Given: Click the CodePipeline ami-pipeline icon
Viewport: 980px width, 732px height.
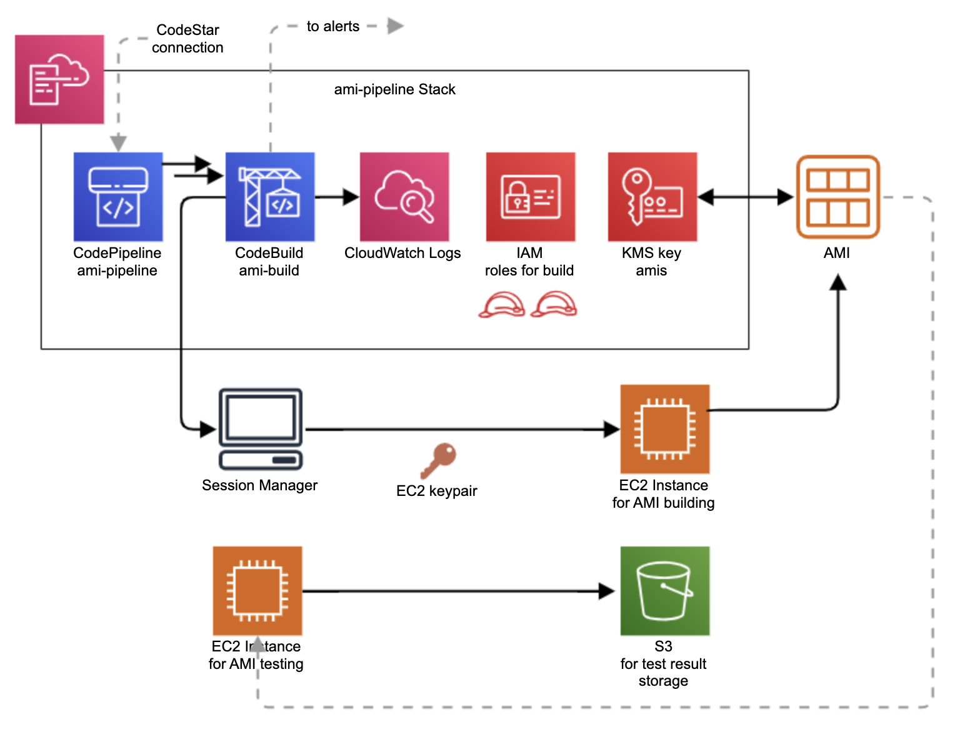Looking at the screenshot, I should coord(118,197).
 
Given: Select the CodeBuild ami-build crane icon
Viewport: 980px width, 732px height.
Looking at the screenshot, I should coord(270,197).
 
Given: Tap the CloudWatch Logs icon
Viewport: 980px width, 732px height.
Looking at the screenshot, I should coord(404,197).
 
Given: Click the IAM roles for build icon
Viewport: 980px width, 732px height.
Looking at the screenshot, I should coord(531,197).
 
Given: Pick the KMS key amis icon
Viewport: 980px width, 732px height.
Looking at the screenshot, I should coord(652,197).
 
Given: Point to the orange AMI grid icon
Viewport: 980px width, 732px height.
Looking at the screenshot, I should coord(837,197).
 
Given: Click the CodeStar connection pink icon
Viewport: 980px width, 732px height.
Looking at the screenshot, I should coord(59,79).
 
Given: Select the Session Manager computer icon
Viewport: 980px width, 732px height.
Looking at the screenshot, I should coord(261,429).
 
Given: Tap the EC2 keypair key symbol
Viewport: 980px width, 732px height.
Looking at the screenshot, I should coord(439,460).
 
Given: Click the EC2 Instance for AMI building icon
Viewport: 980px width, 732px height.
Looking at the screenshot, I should coord(665,429).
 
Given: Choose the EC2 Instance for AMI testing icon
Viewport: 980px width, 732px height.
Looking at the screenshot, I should coord(257,591).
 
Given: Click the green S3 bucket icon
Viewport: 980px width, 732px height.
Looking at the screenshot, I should coord(665,591).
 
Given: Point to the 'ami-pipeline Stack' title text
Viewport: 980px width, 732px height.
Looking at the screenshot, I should coord(394,89).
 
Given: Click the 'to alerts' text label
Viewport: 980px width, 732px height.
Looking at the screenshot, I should coord(332,26).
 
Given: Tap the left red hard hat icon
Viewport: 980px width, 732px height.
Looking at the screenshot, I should coord(501,305).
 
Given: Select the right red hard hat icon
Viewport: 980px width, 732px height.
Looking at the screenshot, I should coord(554,305).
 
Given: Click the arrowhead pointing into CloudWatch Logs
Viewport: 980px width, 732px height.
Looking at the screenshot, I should coord(351,197).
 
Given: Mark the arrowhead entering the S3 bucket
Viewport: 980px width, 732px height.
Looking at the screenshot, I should coord(607,591).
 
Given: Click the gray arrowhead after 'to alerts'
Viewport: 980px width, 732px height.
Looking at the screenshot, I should coord(395,26).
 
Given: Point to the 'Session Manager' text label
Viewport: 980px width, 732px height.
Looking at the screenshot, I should coord(259,485).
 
